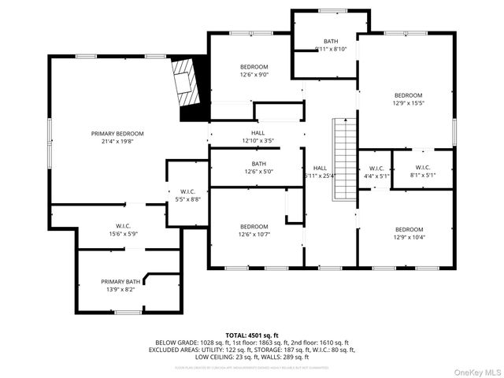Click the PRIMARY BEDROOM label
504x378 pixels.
(117, 134)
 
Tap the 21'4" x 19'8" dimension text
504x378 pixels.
(117, 143)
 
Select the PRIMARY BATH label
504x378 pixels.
(120, 281)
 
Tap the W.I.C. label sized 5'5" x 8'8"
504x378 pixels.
(187, 191)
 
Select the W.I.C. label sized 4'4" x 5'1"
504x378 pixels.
(375, 168)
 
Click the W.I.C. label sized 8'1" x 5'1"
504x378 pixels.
(422, 167)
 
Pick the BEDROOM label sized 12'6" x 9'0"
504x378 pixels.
(254, 67)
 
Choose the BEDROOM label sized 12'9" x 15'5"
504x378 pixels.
(408, 95)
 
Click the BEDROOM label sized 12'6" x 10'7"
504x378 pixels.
(254, 226)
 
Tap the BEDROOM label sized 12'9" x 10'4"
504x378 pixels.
(408, 229)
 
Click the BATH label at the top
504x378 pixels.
(330, 41)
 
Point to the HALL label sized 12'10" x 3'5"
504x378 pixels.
(258, 133)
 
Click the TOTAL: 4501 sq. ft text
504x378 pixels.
(252, 335)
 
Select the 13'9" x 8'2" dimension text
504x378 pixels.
(120, 290)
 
